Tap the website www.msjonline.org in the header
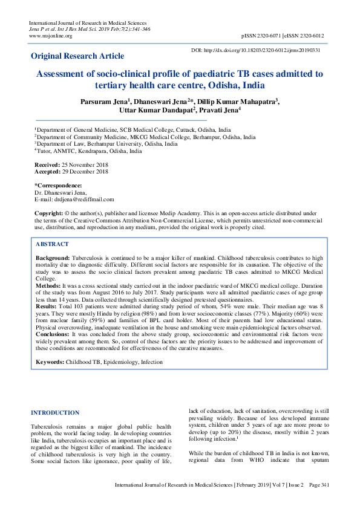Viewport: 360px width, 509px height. point(51,36)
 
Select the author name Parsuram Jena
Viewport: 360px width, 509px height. point(104,102)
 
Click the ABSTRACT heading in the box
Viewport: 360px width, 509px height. point(52,244)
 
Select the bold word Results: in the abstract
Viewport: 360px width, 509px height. point(48,307)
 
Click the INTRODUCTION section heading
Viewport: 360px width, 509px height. point(54,413)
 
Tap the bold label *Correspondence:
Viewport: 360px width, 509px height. point(58,186)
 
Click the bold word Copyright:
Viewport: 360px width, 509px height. point(48,213)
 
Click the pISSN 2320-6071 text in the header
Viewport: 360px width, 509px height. point(261,36)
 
